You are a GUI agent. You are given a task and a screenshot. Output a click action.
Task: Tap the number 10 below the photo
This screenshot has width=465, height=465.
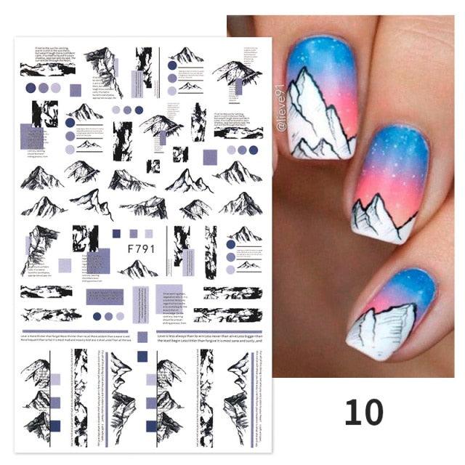[363, 413]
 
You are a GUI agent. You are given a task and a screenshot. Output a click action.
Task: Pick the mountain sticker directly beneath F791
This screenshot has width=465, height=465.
[138, 270]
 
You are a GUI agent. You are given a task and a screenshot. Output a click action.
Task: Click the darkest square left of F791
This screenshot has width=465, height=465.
[116, 233]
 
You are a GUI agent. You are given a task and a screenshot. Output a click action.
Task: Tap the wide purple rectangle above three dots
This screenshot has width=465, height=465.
[105, 296]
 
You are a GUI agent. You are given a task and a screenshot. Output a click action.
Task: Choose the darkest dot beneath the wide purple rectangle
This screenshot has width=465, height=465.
[97, 316]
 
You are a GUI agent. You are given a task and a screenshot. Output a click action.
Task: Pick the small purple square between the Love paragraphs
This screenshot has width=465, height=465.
[142, 337]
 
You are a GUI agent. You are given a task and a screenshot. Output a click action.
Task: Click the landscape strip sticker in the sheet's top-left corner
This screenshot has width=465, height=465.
[47, 69]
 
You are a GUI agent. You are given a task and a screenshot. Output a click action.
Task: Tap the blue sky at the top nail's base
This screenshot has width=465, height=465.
[312, 54]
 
